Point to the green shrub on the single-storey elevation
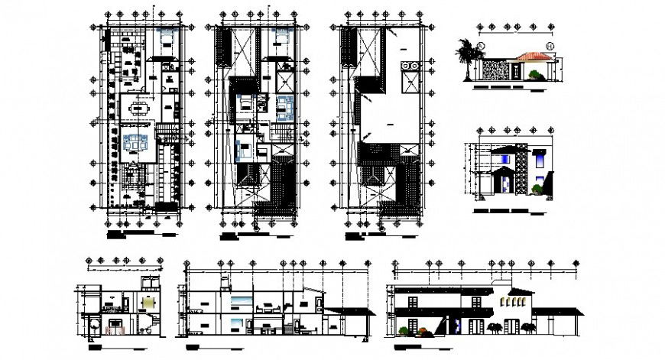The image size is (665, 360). pos(537,75)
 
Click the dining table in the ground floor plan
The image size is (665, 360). pos(140,108)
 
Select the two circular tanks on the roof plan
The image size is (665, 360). pos(407,66)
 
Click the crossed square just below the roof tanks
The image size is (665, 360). pos(408,83)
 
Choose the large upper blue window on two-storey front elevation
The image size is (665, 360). pos(540,158)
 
